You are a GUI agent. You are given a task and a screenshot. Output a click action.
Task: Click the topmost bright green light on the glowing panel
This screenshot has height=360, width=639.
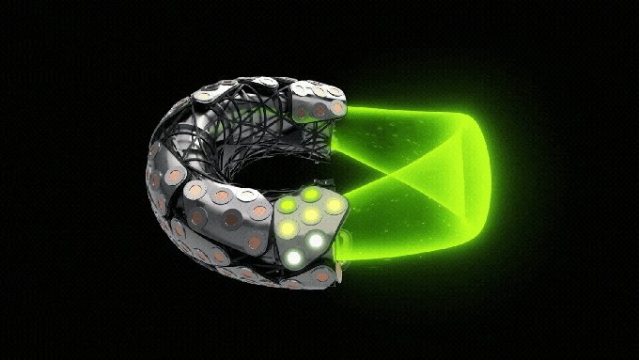pos(311,194)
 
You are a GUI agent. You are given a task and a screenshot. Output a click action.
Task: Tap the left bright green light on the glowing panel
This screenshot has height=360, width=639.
pos(289,206)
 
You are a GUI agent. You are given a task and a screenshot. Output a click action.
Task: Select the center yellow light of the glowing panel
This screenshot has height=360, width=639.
pos(310,215)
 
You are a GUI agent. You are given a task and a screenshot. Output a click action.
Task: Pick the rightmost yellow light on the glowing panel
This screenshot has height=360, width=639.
pos(334,206)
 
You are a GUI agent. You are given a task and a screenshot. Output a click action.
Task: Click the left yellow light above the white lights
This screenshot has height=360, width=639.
pos(288,227)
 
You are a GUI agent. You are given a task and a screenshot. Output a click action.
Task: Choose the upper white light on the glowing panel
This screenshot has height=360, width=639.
pos(316,241)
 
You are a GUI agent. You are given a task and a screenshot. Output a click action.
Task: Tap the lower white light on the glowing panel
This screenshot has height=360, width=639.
pos(294,257)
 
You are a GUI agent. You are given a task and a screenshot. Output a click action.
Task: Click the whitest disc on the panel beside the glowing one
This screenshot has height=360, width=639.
pos(250,196)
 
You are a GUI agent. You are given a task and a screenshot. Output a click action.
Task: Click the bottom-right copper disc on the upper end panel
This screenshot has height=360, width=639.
pos(337,108)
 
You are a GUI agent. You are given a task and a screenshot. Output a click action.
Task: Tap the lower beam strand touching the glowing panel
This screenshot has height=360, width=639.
pos(395,249)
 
